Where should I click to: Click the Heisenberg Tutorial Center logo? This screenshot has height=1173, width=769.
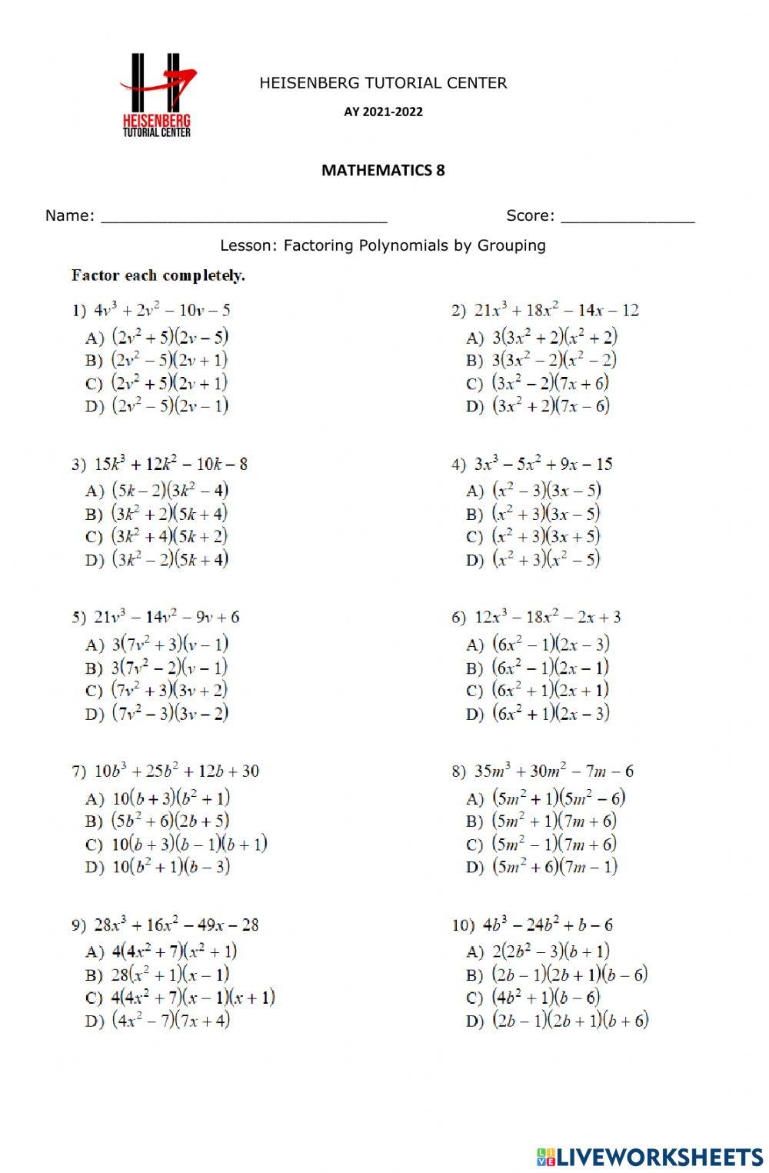[158, 95]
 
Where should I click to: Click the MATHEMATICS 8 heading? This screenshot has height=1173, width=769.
[383, 170]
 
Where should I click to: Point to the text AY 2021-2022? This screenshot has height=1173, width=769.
[383, 112]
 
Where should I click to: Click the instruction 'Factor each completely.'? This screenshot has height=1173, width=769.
[158, 275]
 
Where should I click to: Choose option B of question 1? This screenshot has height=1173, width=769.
[157, 360]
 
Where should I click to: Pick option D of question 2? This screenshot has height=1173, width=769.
[538, 406]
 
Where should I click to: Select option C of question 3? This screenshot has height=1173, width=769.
[157, 537]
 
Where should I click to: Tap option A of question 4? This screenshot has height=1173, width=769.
[534, 491]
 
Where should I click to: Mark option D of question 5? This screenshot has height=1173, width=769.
[157, 714]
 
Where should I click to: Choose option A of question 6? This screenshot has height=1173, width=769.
[538, 645]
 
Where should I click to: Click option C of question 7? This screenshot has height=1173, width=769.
[176, 845]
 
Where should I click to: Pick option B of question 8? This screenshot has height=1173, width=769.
[541, 821]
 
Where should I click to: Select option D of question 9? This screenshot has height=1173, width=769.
[158, 1021]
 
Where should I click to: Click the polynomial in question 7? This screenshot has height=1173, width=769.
[176, 771]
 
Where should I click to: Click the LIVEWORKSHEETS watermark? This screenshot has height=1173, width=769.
[650, 1157]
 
